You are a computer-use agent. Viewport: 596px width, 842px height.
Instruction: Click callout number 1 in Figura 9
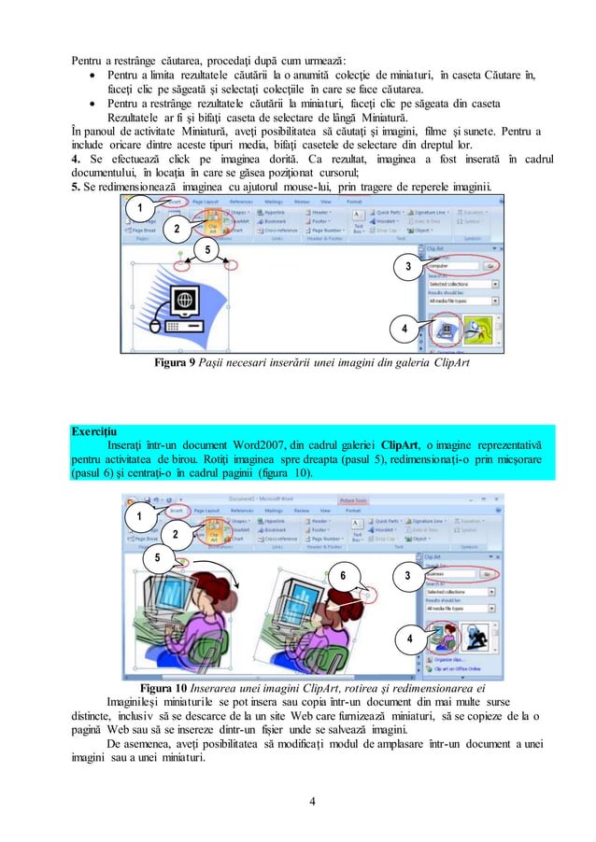[x=141, y=206]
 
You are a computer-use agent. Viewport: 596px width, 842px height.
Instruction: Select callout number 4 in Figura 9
[x=404, y=330]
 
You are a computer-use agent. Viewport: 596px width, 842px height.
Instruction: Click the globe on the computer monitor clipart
[x=184, y=301]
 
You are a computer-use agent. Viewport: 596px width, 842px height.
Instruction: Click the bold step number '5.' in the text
[x=78, y=183]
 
